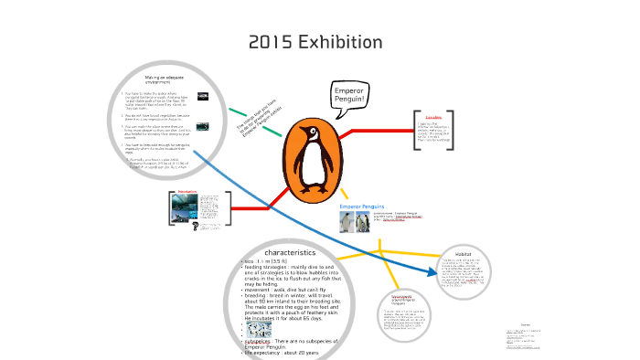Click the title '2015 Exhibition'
coord(315,42)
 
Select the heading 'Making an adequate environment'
coord(159,79)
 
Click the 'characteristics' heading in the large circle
coord(290,251)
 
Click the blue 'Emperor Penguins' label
coord(362,207)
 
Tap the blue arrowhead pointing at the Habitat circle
coord(433,270)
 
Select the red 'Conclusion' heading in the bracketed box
coord(433,117)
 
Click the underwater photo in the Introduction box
coord(186,208)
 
